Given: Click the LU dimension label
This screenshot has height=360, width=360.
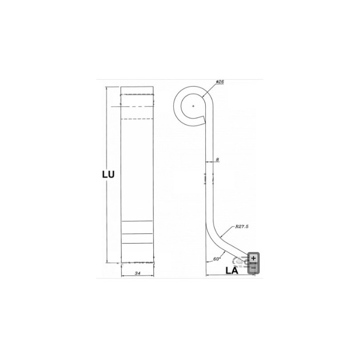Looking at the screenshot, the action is pos(108,175).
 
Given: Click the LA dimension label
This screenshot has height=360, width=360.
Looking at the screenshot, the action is pos(232,271).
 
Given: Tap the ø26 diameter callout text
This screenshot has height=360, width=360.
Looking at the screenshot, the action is pos(220,81).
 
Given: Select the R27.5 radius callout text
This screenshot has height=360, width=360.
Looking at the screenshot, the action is pos(242,227).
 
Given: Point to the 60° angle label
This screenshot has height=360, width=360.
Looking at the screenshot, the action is pos(217,259).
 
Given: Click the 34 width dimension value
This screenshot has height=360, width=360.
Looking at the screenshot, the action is pos(138,273).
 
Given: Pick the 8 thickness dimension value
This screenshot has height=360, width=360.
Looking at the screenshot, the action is pos(218,159).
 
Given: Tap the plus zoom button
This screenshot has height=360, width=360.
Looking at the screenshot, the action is pos(253,258).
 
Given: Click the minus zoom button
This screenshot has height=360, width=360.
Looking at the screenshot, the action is pos(253,268).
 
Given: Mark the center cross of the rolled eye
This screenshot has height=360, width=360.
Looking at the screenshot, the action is pos(193,106).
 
